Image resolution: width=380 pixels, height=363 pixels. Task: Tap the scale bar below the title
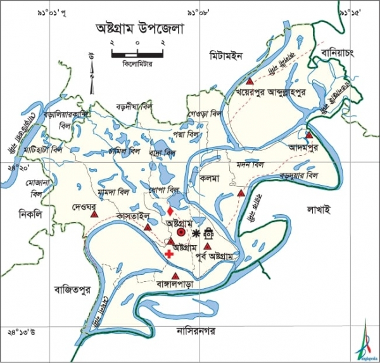(137, 53)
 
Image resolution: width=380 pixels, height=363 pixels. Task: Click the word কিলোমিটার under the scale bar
(137, 63)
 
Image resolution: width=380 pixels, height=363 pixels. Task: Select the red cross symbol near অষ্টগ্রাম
(168, 253)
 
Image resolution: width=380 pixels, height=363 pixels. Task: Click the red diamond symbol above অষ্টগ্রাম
(170, 210)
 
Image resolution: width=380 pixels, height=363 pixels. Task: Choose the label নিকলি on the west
(30, 214)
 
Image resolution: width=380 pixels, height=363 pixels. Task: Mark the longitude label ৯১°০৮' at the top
(201, 12)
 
